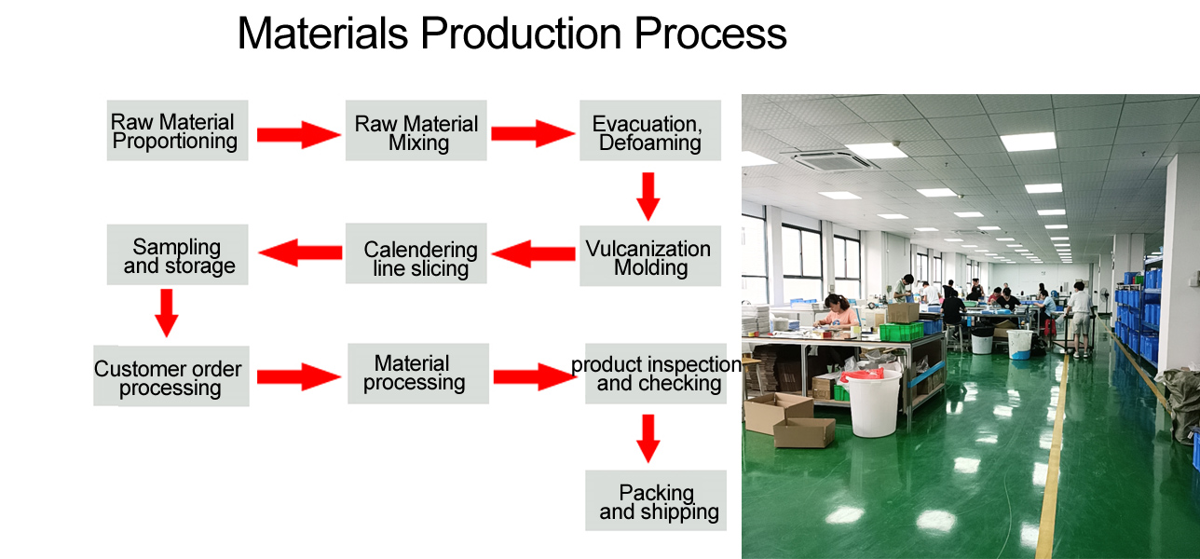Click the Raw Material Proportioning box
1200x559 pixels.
pyautogui.click(x=177, y=130)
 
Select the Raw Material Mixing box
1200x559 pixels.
pyautogui.click(x=416, y=130)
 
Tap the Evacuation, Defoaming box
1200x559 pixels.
pyautogui.click(x=649, y=130)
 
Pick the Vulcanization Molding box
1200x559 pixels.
pyautogui.click(x=649, y=255)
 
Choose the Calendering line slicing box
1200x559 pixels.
pyautogui.click(x=416, y=253)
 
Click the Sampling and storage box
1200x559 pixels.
pyautogui.click(x=177, y=254)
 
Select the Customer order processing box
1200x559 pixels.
pyautogui.click(x=170, y=375)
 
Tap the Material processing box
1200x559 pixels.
pyautogui.click(x=417, y=374)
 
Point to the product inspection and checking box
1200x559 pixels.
pyautogui.click(x=656, y=374)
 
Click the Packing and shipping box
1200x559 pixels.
pyautogui.click(x=656, y=500)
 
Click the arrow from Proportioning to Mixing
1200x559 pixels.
pyautogui.click(x=298, y=134)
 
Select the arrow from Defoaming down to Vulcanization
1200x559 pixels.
pyautogui.click(x=648, y=197)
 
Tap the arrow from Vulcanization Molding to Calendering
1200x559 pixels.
pyautogui.click(x=533, y=253)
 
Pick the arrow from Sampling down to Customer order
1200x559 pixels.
pyautogui.click(x=167, y=314)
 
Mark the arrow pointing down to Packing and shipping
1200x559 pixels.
pyautogui.click(x=648, y=439)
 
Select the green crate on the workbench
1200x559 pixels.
pyautogui.click(x=902, y=332)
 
